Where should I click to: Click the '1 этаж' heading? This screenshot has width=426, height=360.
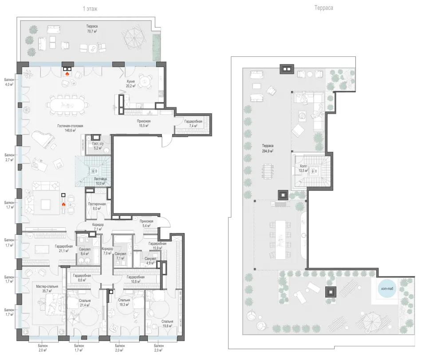(90, 9)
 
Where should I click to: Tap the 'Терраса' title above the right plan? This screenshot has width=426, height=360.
(323, 8)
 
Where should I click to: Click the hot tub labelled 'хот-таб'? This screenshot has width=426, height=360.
(387, 289)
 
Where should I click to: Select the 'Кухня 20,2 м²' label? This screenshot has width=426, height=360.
(130, 84)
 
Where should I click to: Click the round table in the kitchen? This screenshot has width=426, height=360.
(145, 81)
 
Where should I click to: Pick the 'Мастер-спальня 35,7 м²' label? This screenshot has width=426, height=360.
(47, 289)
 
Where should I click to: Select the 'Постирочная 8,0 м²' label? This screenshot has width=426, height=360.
(97, 206)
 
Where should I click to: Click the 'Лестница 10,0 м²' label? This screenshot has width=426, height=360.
(100, 181)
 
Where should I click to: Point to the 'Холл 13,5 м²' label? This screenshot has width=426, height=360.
(303, 168)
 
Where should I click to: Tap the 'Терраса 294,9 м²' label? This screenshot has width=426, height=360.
(268, 148)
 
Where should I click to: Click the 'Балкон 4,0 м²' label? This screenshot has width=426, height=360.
(9, 82)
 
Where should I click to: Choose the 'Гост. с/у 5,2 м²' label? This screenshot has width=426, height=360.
(98, 146)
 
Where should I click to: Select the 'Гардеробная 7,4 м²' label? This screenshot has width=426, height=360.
(193, 123)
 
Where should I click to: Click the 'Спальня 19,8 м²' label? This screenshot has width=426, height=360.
(167, 324)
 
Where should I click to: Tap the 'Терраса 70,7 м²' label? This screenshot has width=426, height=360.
(92, 28)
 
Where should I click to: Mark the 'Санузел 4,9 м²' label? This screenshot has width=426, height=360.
(150, 261)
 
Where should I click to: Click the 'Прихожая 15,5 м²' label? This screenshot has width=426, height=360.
(143, 123)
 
